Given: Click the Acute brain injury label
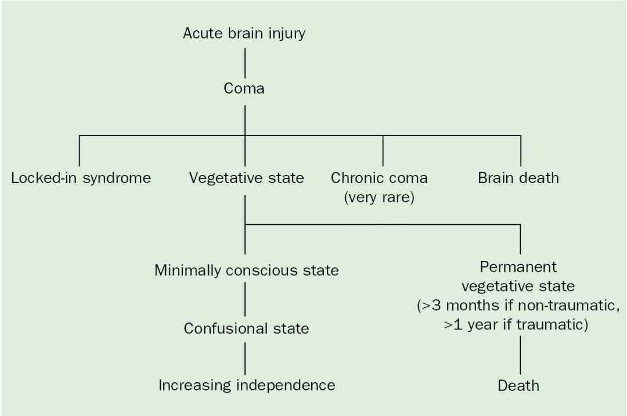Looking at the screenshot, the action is [244, 34].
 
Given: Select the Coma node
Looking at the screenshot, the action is [244, 88].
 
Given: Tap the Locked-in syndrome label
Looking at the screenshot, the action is [81, 178].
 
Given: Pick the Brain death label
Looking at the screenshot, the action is [518, 178].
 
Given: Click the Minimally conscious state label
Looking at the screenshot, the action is [246, 270].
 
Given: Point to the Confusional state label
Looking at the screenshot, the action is [246, 328].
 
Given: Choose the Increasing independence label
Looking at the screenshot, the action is [247, 385].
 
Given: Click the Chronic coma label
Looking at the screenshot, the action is [379, 178].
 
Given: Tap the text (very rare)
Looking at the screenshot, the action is [379, 197].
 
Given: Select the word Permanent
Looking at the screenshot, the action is [518, 267].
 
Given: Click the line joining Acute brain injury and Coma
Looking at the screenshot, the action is [245, 63].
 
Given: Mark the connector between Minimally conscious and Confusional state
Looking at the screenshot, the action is [245, 299].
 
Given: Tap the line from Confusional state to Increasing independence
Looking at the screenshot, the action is [245, 358].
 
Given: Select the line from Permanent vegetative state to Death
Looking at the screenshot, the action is [520, 355].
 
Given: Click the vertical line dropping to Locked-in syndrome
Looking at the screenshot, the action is [79, 151].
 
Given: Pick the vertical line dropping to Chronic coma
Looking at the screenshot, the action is [383, 151].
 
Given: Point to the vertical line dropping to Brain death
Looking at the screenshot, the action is [521, 151].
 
